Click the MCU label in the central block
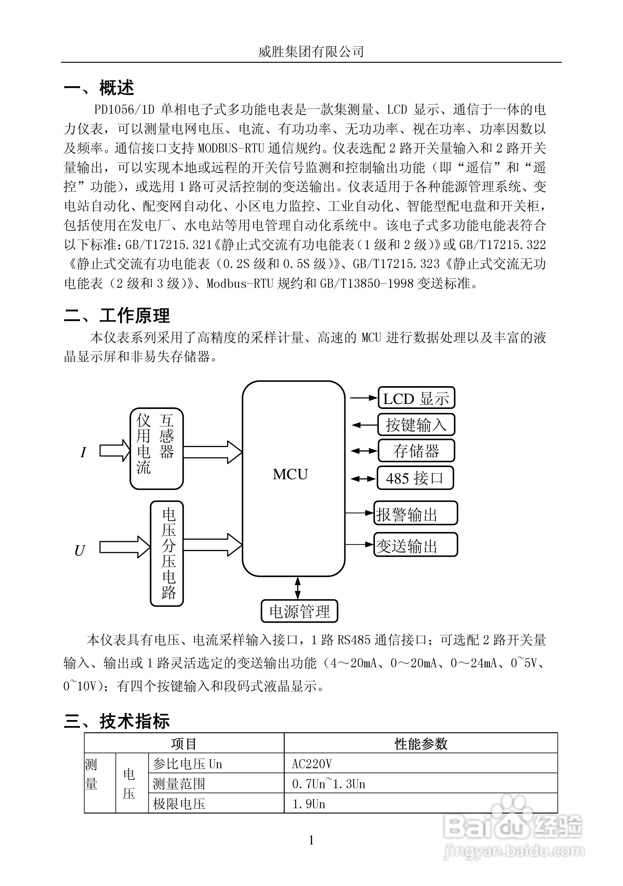290,474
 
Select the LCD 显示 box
416,398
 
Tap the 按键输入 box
416,425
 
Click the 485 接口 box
415,478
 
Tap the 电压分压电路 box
167,553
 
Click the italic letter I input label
83,452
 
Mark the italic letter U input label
79,551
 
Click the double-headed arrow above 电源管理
297,588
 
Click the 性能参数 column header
421,743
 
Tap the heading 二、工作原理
117,315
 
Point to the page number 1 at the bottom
311,840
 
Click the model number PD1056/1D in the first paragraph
124,110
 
